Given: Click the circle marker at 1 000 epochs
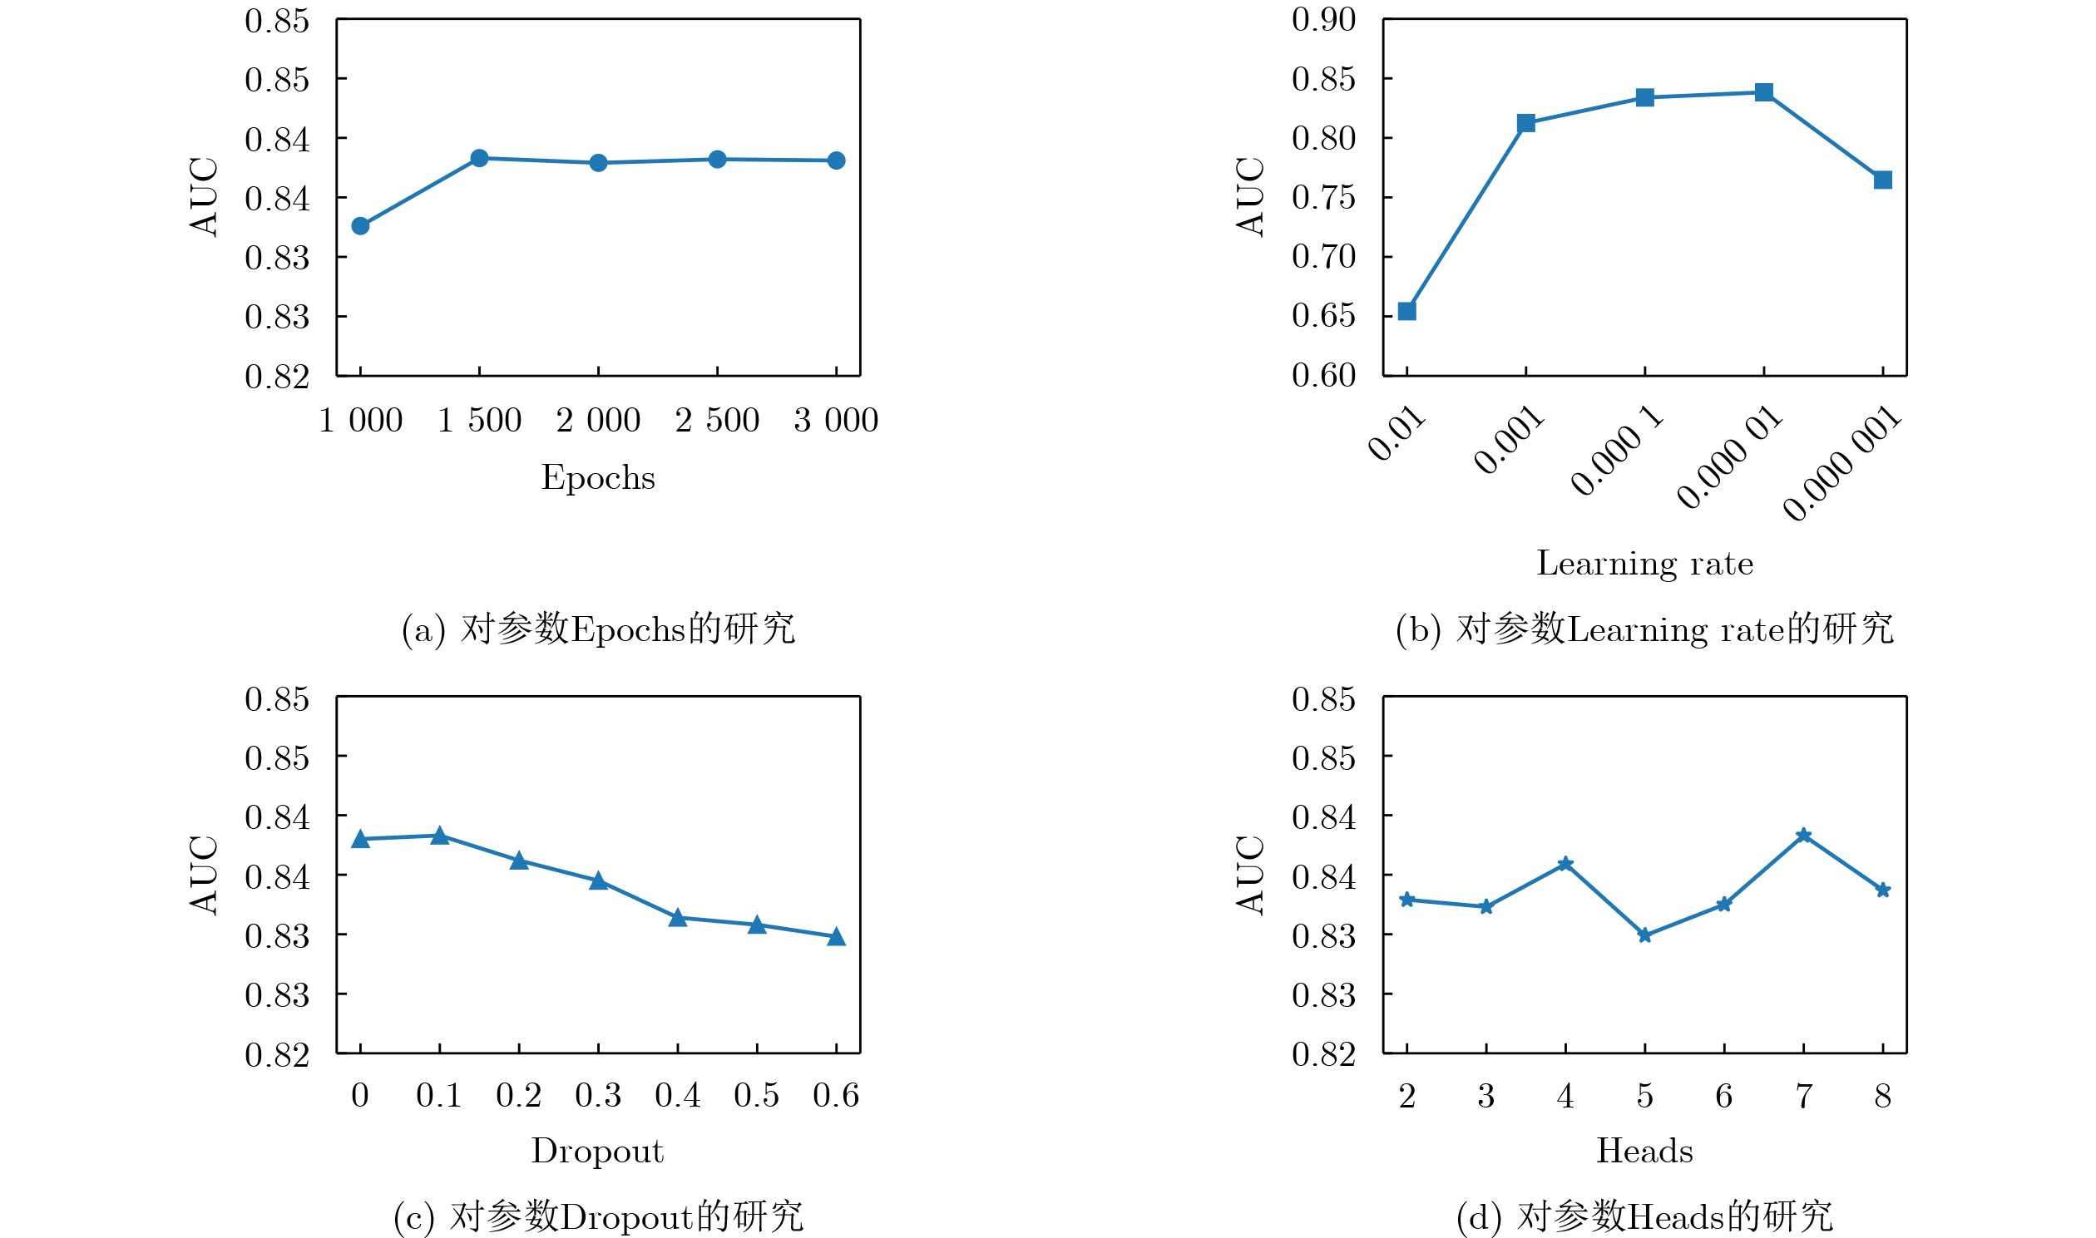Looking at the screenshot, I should (360, 226).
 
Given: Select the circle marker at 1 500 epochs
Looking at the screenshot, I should (479, 159).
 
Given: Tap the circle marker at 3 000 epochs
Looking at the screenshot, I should (836, 161).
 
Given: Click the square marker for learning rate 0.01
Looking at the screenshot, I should (1406, 311).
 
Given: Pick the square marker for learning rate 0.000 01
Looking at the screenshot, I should (1764, 92).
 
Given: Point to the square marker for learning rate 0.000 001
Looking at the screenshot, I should (1882, 180).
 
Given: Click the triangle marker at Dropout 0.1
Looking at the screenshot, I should (440, 836).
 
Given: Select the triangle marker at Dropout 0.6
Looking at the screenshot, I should (836, 937).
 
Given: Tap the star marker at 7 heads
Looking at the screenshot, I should (1804, 836).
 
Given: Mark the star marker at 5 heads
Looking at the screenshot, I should (1644, 936).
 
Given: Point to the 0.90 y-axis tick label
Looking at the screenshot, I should (1323, 19).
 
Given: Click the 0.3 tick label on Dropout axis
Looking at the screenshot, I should (598, 1095).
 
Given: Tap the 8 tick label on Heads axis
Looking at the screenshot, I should (1882, 1096).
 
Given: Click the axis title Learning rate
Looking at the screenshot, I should (1644, 564).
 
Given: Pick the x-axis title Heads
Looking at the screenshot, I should (1644, 1152).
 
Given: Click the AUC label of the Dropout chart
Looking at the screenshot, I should (204, 875).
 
